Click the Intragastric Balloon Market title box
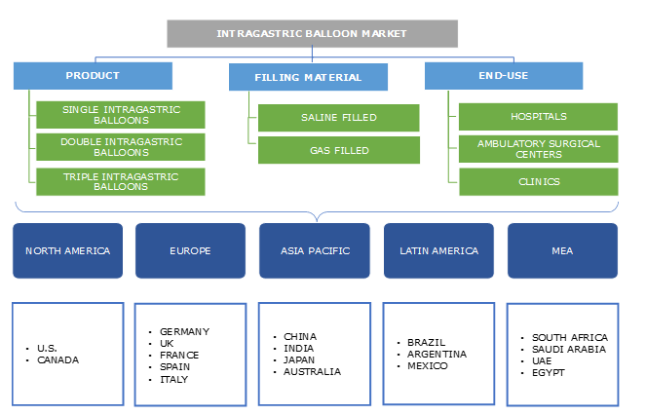point(312,33)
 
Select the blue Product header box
point(93,76)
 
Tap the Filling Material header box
point(308,77)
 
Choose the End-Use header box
point(504,76)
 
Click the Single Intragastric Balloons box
point(120,114)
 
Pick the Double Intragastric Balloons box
point(120,147)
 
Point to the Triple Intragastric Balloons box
point(120,181)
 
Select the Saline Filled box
point(338,118)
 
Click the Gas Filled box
point(338,150)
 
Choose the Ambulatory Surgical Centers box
point(538,148)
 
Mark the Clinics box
point(538,181)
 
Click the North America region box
point(67,250)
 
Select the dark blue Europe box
point(189,250)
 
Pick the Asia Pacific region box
point(314,250)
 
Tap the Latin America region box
point(438,250)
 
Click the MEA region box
point(561,250)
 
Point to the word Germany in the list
point(184,331)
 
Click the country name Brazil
point(427,343)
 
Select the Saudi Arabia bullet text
point(570,349)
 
